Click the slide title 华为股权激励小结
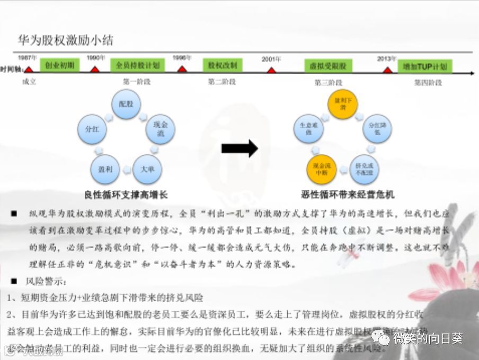point(66,40)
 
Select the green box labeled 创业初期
point(60,66)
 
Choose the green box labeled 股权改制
point(223,66)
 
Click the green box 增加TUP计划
point(425,67)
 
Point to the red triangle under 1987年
point(29,69)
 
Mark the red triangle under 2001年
point(271,70)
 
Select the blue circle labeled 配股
point(126,104)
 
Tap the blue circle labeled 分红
point(92,129)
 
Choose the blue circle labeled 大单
point(147,169)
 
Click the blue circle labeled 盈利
point(104,169)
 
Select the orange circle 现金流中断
point(321,169)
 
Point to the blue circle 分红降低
point(377,129)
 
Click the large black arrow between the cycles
point(239,149)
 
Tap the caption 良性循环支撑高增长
point(126,195)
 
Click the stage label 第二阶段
point(222,82)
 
